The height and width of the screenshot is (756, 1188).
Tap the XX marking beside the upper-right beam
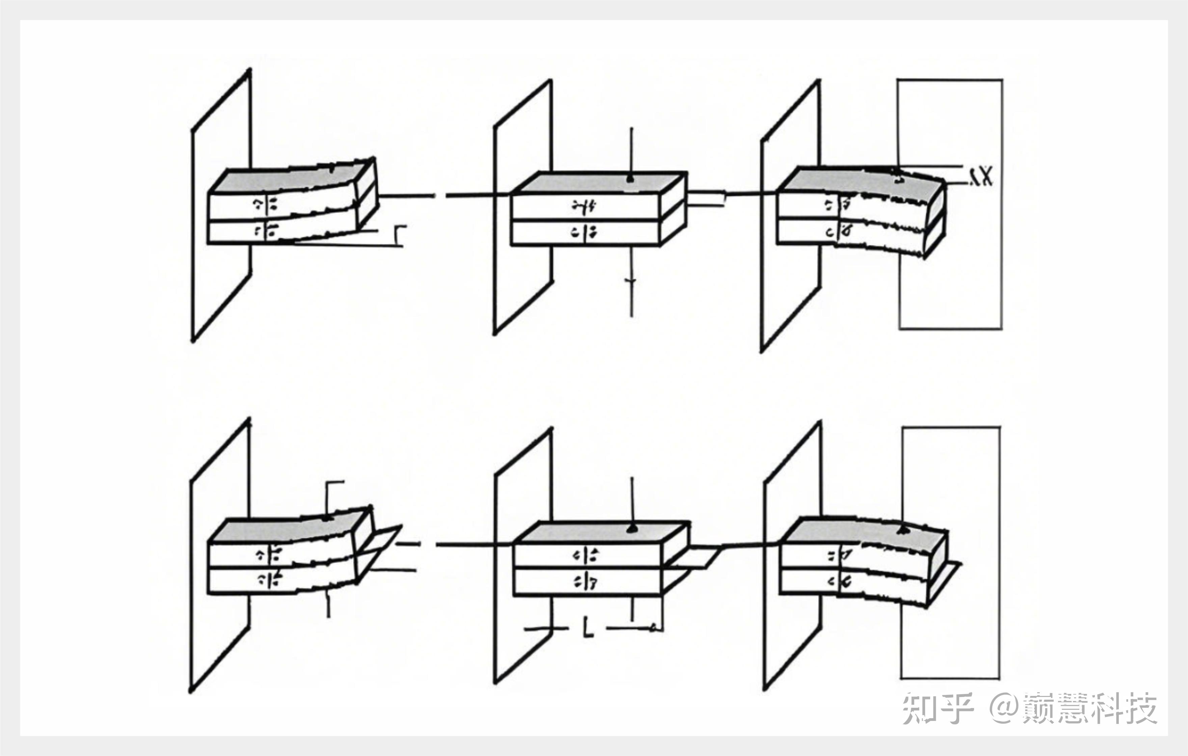point(980,176)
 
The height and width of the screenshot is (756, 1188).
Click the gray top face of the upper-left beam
point(291,178)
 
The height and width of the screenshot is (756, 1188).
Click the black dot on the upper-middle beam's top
point(630,179)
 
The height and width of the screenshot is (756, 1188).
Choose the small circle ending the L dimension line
point(654,628)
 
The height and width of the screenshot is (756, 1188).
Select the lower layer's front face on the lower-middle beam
point(587,582)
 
